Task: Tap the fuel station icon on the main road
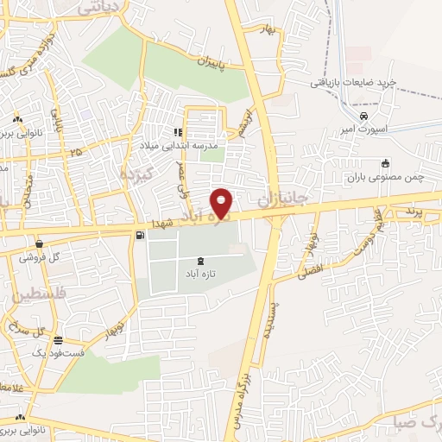pyautogui.click(x=140, y=235)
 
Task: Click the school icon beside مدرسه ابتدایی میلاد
pyautogui.click(x=178, y=132)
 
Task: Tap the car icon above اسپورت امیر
pyautogui.click(x=364, y=115)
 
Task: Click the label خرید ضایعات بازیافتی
pyautogui.click(x=354, y=82)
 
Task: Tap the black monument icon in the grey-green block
pyautogui.click(x=201, y=261)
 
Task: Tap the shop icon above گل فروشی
pyautogui.click(x=40, y=243)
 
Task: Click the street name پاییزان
pyautogui.click(x=199, y=62)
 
